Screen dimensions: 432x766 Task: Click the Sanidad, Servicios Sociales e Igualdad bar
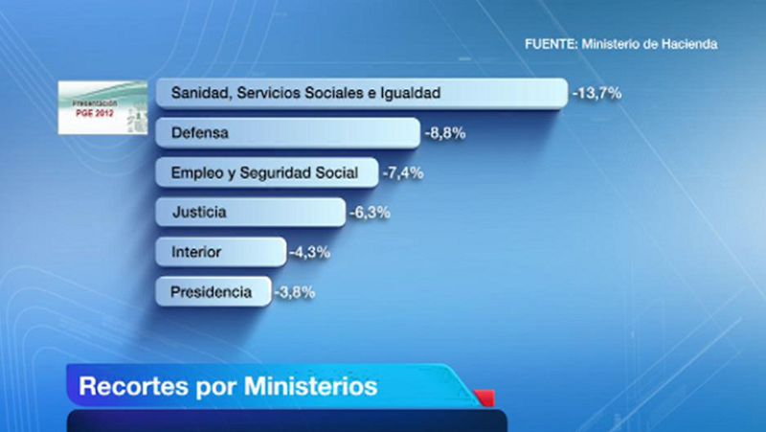pos(360,93)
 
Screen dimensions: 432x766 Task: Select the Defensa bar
pos(287,133)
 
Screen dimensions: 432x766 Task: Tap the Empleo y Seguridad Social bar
pos(266,173)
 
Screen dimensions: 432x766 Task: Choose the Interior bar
pos(220,253)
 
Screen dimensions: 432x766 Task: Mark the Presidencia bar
pos(212,292)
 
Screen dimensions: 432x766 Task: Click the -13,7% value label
pos(597,94)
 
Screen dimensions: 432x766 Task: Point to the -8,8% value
pos(445,134)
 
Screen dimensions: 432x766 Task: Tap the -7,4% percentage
pos(402,173)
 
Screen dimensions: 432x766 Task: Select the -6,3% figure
pos(369,214)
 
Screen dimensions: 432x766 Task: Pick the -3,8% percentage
pos(294,293)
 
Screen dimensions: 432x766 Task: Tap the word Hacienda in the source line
pos(688,44)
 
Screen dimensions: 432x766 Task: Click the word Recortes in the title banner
pos(131,387)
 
